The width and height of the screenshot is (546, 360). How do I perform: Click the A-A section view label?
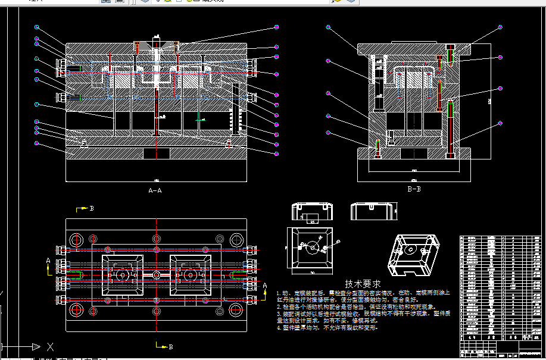155,191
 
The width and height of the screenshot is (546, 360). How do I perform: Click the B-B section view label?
414,190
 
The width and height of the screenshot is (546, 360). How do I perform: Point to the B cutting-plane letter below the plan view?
171,346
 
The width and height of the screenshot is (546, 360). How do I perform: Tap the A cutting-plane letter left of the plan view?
48,261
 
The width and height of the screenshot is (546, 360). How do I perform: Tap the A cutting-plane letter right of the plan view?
265,286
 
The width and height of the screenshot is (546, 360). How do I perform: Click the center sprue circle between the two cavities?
156,275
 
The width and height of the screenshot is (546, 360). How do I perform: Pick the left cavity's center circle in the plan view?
122,275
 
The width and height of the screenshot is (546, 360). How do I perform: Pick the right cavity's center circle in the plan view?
191,275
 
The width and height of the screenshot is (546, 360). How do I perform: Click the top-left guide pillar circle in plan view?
76,240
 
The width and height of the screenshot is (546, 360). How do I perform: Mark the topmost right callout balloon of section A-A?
277,27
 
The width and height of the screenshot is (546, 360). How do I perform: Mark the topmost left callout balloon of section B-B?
328,27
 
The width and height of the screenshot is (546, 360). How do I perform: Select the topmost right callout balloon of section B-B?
500,27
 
